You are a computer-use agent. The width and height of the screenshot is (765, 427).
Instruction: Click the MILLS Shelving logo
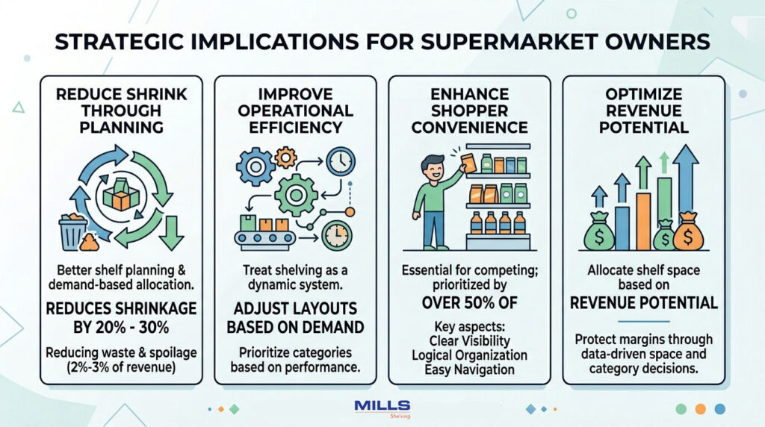[382, 408]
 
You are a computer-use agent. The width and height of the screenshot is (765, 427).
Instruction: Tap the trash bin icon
[72, 231]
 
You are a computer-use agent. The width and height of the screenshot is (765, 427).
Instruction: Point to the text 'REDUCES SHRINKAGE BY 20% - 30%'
[121, 317]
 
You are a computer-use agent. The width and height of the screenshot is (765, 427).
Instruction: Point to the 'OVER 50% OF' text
[469, 305]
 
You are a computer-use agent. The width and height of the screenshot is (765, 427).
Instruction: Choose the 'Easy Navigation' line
[469, 370]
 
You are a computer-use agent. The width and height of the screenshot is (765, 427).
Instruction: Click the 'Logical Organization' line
[469, 355]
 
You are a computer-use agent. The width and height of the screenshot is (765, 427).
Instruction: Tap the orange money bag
[687, 236]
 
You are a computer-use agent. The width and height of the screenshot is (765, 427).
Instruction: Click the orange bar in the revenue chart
[643, 220]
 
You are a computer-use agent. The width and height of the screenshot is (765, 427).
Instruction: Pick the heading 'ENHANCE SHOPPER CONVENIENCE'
[469, 111]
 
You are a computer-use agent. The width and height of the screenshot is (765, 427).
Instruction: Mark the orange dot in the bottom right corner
[700, 408]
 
